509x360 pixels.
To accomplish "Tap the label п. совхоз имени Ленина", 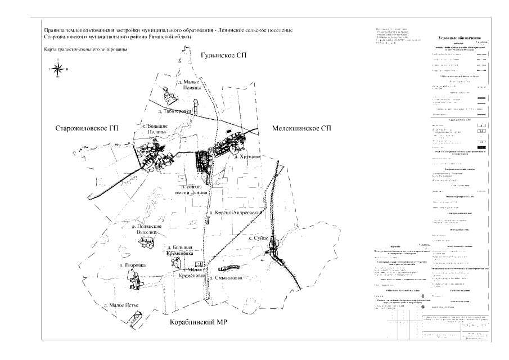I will point(193,189).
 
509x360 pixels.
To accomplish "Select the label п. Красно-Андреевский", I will point(236,213).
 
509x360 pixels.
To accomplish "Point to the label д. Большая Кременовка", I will point(182,250).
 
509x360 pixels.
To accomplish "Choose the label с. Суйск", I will point(256,238).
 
